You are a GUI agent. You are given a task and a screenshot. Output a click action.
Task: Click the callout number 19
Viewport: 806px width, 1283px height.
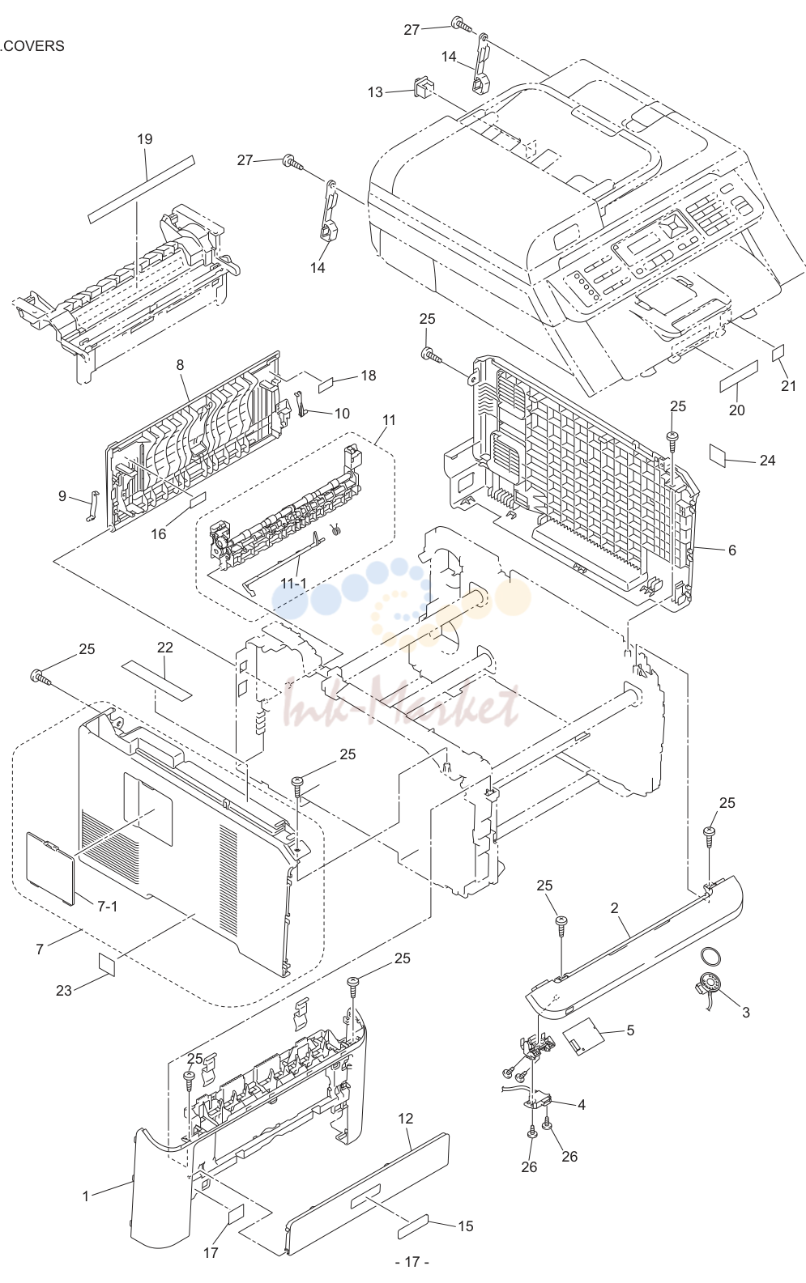click(145, 139)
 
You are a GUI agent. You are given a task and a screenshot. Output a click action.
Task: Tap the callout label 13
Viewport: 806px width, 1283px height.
click(375, 92)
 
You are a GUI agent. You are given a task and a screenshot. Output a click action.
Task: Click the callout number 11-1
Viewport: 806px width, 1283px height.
click(293, 583)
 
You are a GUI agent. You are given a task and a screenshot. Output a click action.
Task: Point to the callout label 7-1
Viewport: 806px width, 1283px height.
click(108, 906)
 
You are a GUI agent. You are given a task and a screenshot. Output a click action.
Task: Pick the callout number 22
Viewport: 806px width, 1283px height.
click(165, 648)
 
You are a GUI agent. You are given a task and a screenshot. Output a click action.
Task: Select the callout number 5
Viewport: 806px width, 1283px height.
click(630, 1030)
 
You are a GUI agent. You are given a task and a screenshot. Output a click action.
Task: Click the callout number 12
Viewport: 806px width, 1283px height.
click(405, 1119)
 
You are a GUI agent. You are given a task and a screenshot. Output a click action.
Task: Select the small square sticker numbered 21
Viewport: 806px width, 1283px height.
click(778, 353)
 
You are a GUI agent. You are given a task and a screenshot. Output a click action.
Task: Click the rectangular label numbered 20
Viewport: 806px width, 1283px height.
click(739, 376)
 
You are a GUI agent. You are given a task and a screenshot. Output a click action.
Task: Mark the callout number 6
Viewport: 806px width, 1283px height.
click(732, 550)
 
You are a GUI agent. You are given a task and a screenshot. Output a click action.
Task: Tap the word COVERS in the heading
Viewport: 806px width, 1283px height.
click(34, 46)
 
